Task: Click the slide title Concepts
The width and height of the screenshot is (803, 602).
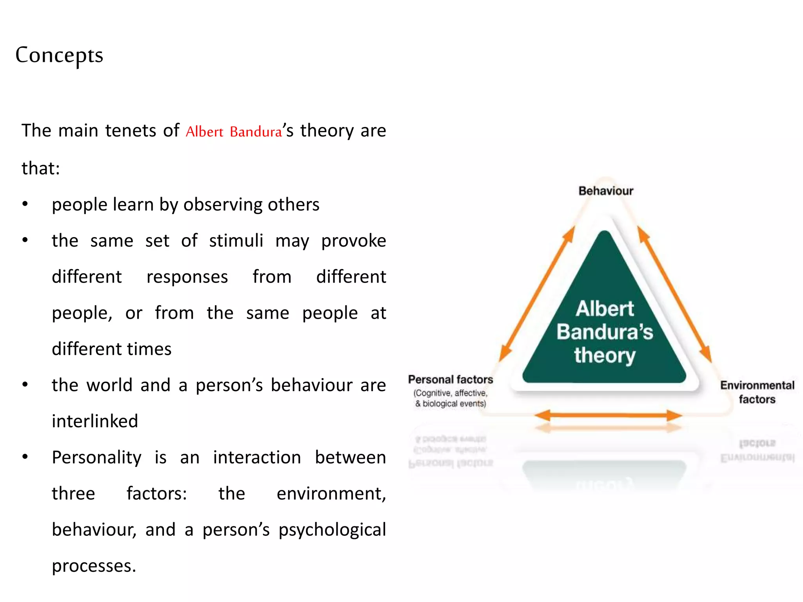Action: coord(59,55)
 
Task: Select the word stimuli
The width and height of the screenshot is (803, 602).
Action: coord(236,241)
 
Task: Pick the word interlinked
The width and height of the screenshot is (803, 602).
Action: coord(95,421)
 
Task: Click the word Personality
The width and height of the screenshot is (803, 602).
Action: coord(96,458)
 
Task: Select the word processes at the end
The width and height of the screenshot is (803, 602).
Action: coord(94,566)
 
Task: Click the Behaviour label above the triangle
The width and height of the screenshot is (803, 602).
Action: coord(606,191)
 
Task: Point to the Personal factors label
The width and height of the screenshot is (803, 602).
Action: coord(451,379)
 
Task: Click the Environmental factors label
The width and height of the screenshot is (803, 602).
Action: coord(757,392)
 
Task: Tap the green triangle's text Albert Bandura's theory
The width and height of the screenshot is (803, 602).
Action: coord(605,332)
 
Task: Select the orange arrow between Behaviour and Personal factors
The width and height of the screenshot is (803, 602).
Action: coord(537,294)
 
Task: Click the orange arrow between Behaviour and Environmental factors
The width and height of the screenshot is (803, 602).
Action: coord(674,294)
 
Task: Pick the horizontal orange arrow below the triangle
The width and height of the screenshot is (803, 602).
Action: coord(608,415)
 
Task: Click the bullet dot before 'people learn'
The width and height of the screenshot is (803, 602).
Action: coord(25,204)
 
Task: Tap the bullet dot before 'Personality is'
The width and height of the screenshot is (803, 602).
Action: coord(25,457)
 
